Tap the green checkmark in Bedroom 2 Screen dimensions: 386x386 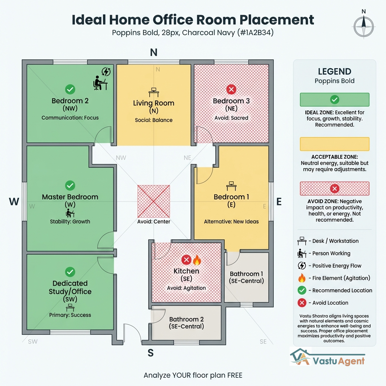[70, 89]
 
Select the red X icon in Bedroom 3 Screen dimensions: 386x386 [231, 89]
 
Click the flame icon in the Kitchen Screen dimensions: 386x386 [197, 260]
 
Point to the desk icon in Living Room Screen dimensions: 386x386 [153, 92]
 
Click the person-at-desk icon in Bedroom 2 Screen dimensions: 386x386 [100, 83]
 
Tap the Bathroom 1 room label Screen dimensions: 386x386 [246, 277]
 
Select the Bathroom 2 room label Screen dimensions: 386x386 [186, 323]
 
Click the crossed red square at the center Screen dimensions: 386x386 [153, 201]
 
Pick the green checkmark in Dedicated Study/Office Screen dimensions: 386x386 [70, 272]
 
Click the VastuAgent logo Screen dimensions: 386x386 [327, 357]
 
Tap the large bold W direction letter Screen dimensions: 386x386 [14, 202]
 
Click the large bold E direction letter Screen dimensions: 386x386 [279, 202]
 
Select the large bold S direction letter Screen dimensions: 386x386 [150, 353]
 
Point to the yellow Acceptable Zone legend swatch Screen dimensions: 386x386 [334, 144]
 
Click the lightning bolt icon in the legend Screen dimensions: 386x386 [302, 266]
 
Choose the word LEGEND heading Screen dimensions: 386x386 [334, 72]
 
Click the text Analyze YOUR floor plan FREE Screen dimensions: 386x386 [193, 375]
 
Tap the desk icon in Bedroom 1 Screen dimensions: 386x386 [231, 185]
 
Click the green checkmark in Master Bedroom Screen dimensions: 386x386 [70, 185]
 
